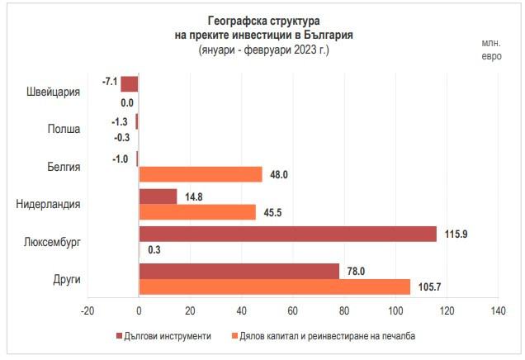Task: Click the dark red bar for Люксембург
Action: [x=287, y=234]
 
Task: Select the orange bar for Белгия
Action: [x=201, y=174]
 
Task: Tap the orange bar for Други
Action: [x=274, y=286]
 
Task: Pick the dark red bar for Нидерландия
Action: [x=158, y=197]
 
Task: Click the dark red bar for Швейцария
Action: [x=130, y=83]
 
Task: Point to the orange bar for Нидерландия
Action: [x=197, y=211]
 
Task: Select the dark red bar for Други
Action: [x=239, y=271]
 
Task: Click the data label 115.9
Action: [x=455, y=234]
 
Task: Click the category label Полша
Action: [x=64, y=129]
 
